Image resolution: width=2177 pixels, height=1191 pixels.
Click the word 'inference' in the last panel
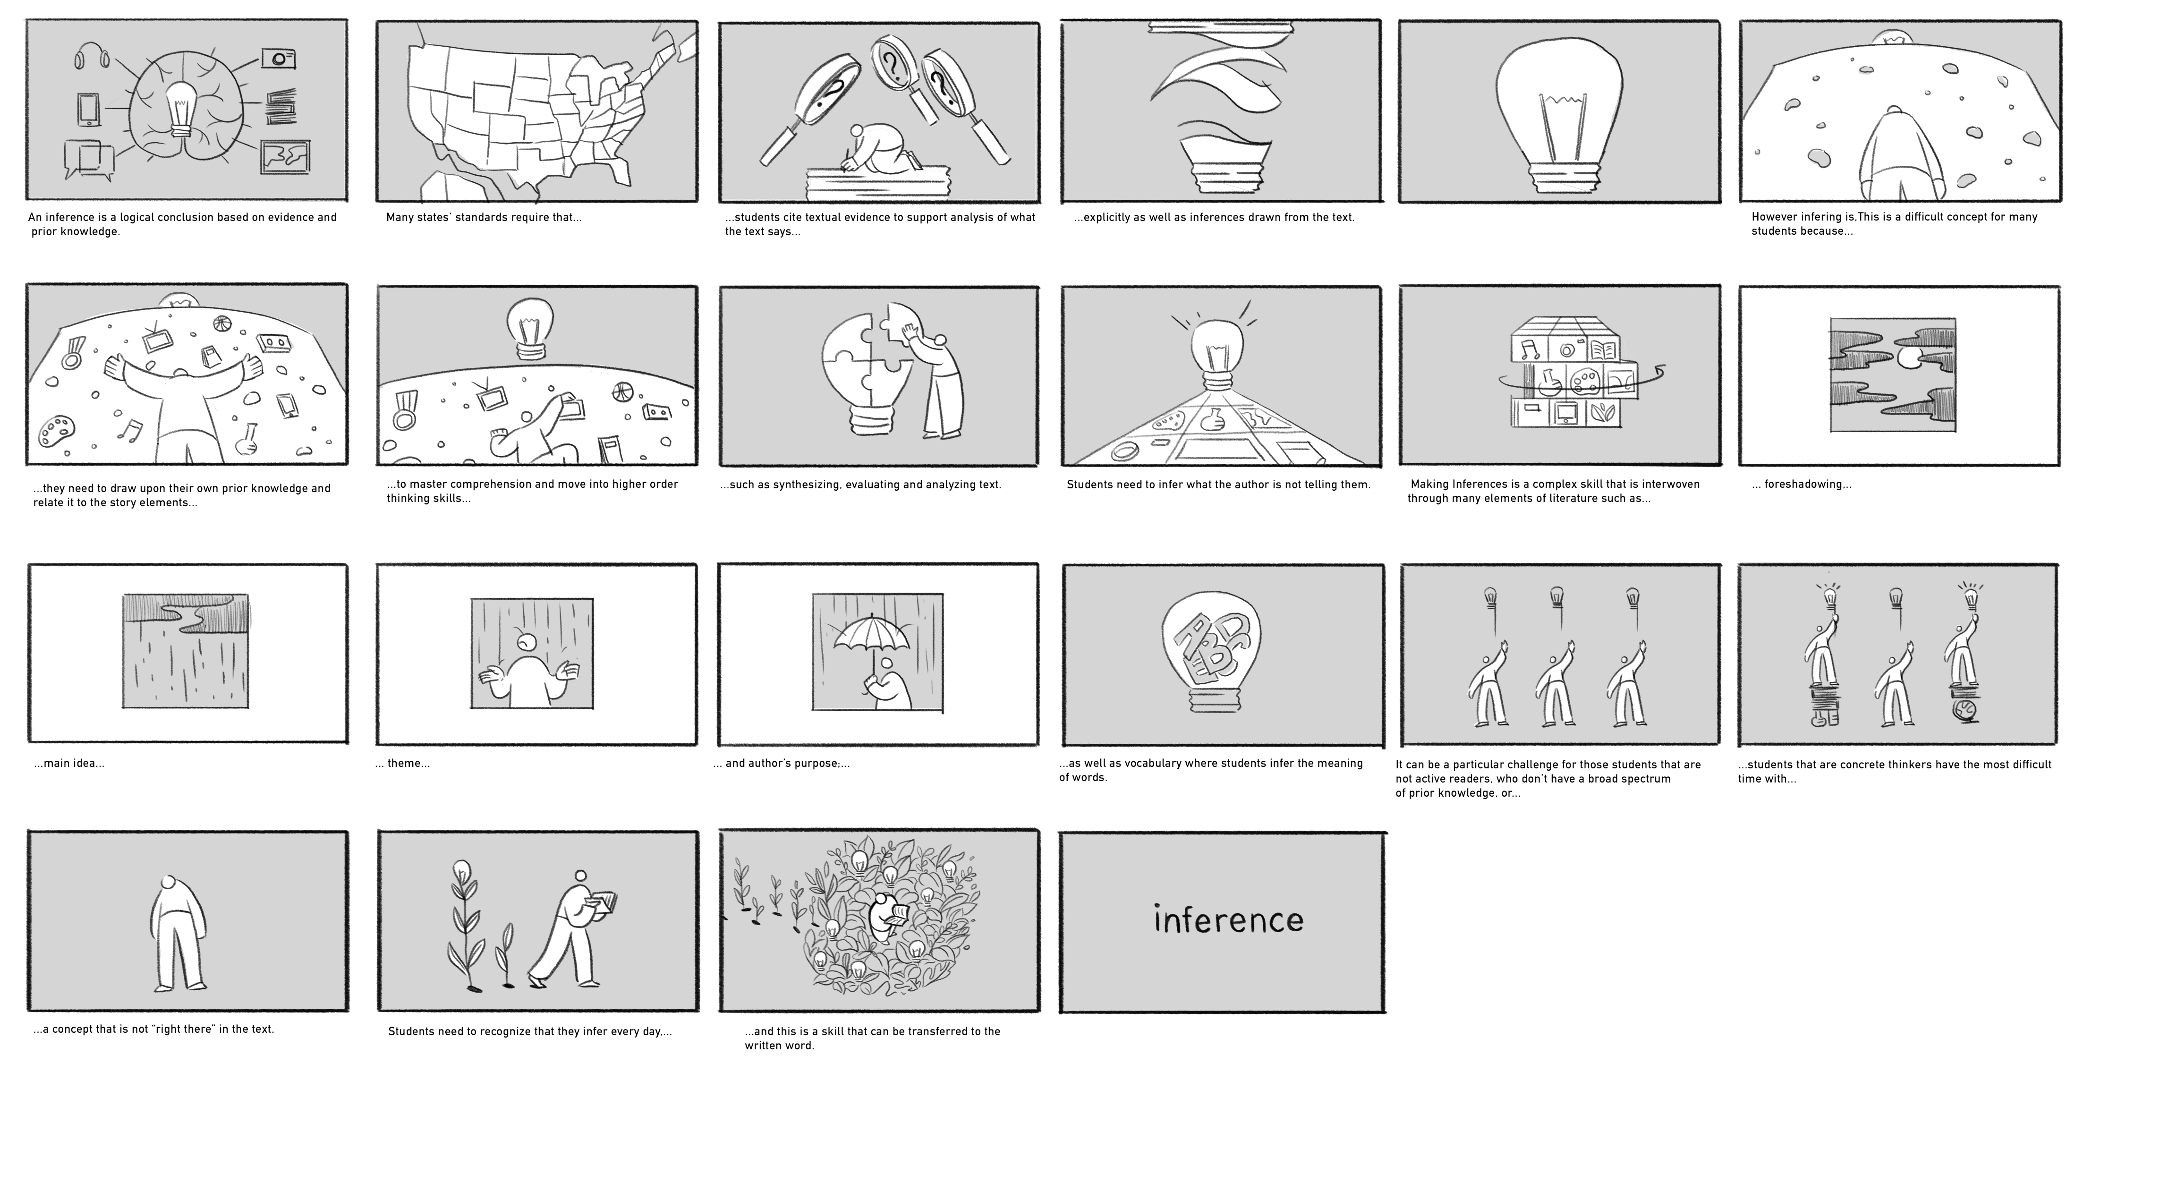1228,919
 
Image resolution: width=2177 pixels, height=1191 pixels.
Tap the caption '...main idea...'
69,763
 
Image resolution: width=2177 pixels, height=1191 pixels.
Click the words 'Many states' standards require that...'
484,217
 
